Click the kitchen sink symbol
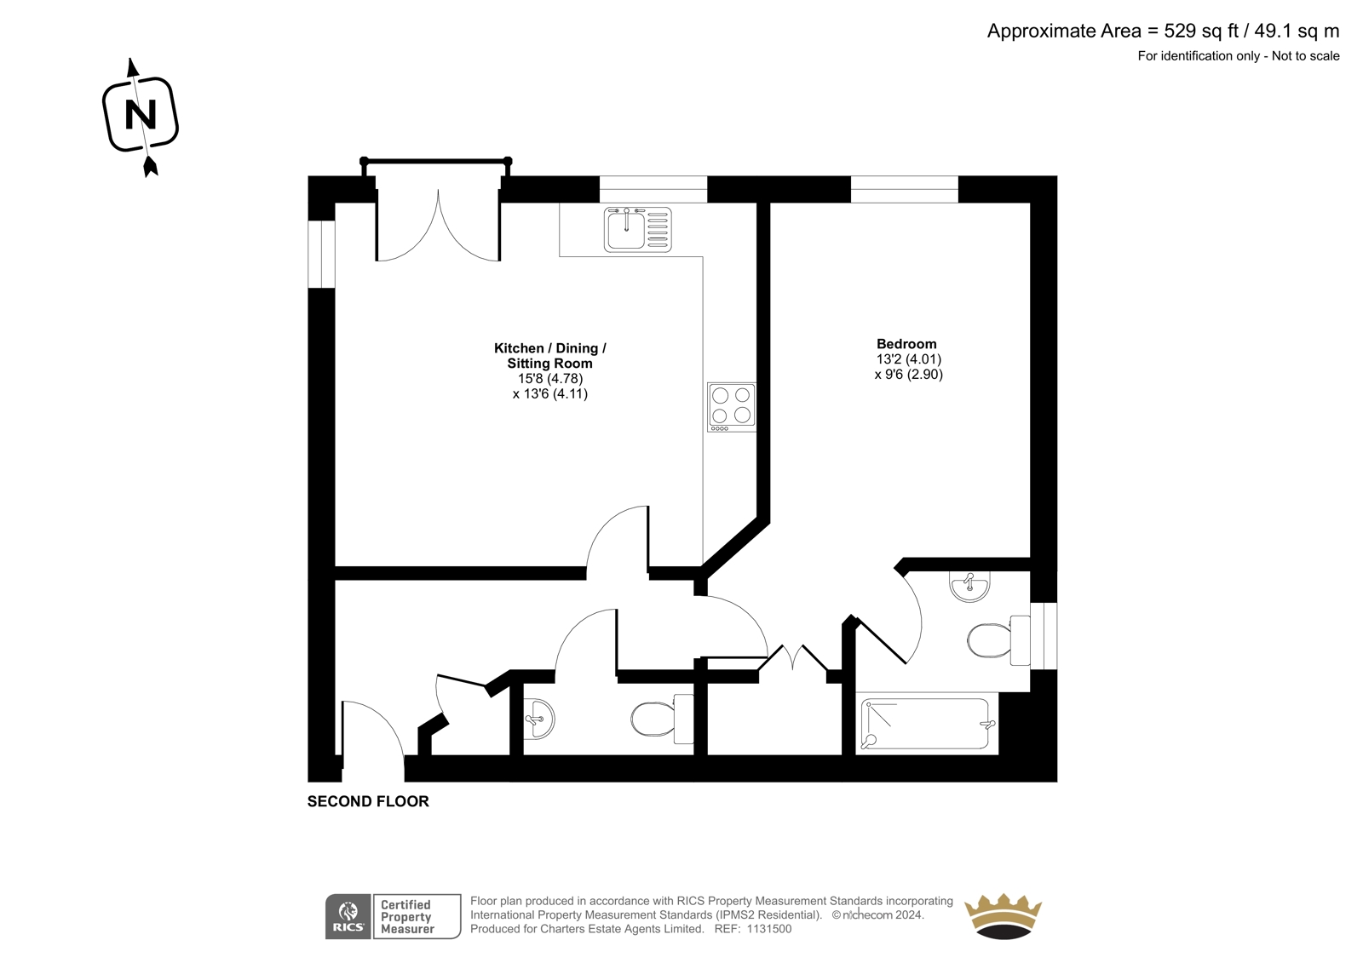coord(638,229)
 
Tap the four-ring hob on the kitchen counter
coord(732,407)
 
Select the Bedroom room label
coord(906,344)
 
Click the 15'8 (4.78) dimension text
coord(550,378)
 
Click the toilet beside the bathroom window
coord(998,640)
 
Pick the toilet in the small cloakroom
coord(662,719)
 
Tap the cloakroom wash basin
coord(539,719)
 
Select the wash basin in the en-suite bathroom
coord(969,587)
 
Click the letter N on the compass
coord(141,114)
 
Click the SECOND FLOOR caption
coord(368,801)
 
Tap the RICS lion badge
coord(348,916)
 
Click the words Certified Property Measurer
coord(407,917)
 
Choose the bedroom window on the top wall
coord(904,189)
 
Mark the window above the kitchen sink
coord(653,189)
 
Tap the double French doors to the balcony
coord(438,226)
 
